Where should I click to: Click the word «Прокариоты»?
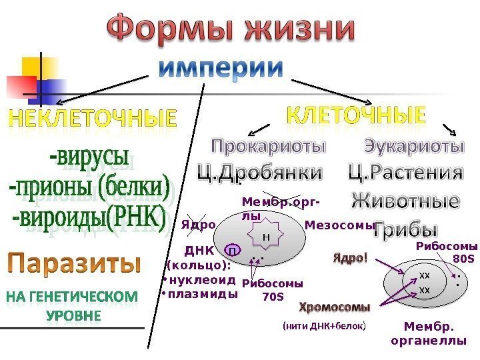[269, 146]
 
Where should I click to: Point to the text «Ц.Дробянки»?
[259, 174]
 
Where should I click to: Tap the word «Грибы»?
[405, 230]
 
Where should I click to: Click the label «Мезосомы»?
[336, 225]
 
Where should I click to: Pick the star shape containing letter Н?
[266, 236]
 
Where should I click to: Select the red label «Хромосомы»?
[334, 308]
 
